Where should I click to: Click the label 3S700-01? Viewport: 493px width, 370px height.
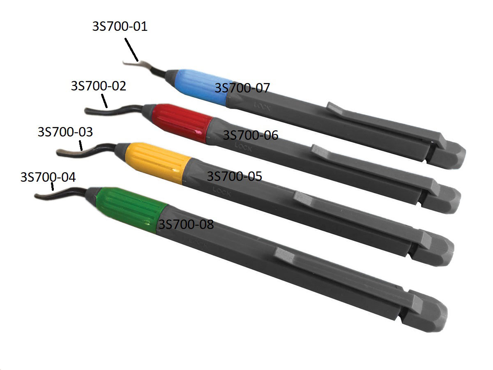point(120,27)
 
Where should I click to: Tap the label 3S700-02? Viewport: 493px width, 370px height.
point(99,86)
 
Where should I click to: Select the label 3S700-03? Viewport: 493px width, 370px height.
point(65,132)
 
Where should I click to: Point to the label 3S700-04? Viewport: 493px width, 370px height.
point(48,177)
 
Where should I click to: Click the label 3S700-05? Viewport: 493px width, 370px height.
point(234,176)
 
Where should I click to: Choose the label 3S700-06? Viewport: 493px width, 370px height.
point(250,135)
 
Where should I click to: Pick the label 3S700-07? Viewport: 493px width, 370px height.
point(242,88)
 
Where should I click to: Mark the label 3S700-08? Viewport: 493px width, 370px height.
point(186,224)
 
